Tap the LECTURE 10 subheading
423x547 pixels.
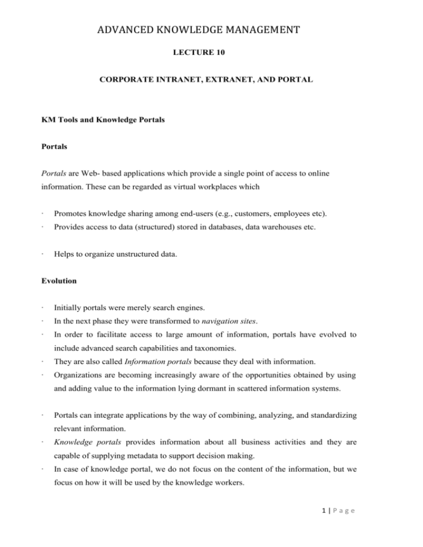coord(211,54)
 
